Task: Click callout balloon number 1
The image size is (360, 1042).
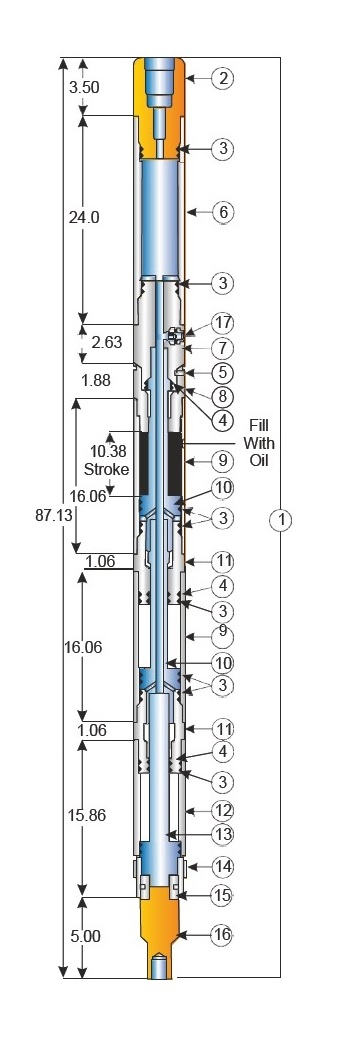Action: click(x=283, y=519)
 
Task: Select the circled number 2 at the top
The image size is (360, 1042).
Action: click(x=223, y=78)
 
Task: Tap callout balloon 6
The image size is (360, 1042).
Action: click(x=223, y=212)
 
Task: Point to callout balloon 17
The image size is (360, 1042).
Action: click(x=223, y=323)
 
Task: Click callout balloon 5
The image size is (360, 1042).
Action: click(x=223, y=372)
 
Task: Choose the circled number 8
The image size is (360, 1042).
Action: click(x=223, y=396)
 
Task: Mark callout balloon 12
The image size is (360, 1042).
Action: click(x=223, y=808)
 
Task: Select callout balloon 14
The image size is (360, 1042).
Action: click(x=223, y=866)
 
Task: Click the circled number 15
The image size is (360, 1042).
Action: click(x=223, y=895)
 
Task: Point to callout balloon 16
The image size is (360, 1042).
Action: click(x=223, y=935)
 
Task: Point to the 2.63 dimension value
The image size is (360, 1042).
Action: click(x=107, y=342)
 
